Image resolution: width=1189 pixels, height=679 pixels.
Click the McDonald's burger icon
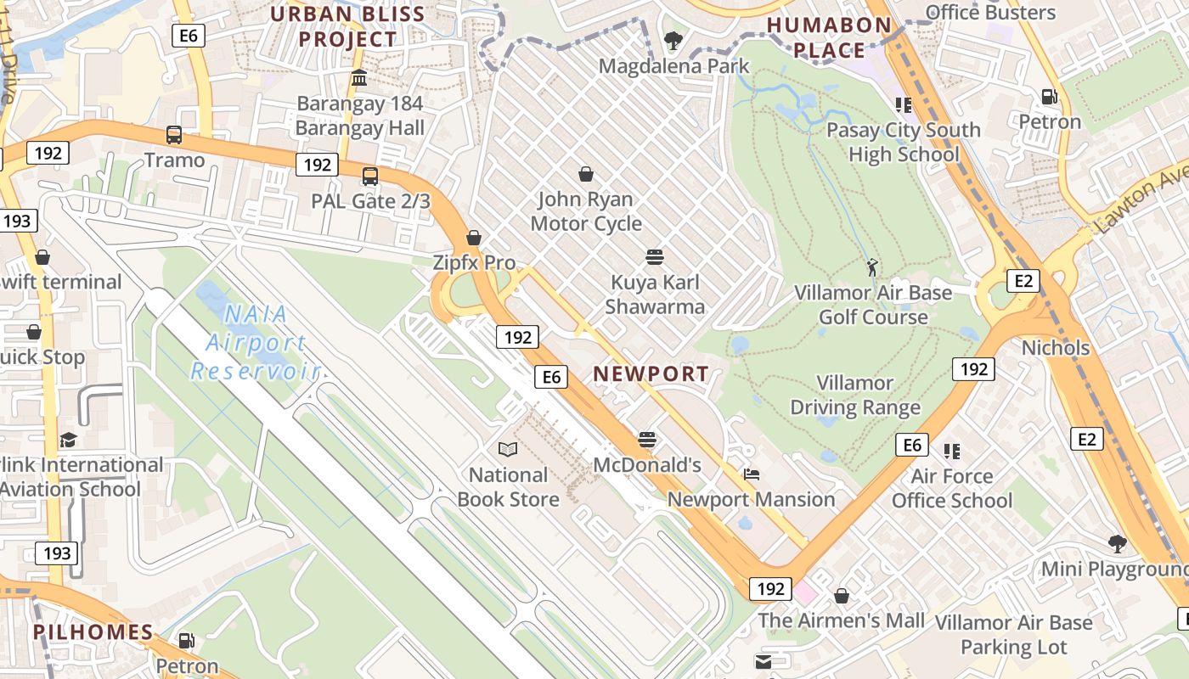pyautogui.click(x=647, y=440)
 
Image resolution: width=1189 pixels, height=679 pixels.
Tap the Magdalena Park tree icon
pyautogui.click(x=673, y=40)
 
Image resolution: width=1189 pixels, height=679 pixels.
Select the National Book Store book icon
pyautogui.click(x=508, y=449)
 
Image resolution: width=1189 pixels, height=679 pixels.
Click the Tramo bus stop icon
pyautogui.click(x=174, y=134)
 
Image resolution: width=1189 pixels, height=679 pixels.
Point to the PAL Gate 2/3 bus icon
pyautogui.click(x=370, y=177)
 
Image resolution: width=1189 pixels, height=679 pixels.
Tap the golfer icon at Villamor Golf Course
pyautogui.click(x=872, y=267)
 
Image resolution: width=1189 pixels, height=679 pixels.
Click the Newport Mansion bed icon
pyautogui.click(x=751, y=474)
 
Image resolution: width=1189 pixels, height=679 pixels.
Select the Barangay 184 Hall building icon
pyautogui.click(x=359, y=78)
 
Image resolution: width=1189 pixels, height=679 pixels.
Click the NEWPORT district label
pyautogui.click(x=651, y=373)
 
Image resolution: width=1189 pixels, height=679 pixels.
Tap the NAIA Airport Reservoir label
pyautogui.click(x=253, y=343)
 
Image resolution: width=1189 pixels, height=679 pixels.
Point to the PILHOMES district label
pyautogui.click(x=93, y=631)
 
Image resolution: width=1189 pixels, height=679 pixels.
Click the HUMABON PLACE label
pyautogui.click(x=828, y=37)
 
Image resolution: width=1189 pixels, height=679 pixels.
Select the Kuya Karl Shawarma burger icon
pyautogui.click(x=654, y=256)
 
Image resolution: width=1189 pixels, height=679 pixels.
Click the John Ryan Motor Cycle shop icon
pyautogui.click(x=586, y=175)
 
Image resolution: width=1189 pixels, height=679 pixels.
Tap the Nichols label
pyautogui.click(x=1055, y=348)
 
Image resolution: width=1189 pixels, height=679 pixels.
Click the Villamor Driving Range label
pyautogui.click(x=855, y=396)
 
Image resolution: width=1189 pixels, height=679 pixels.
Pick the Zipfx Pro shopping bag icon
pyautogui.click(x=474, y=238)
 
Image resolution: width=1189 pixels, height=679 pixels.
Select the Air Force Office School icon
pyautogui.click(x=951, y=451)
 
